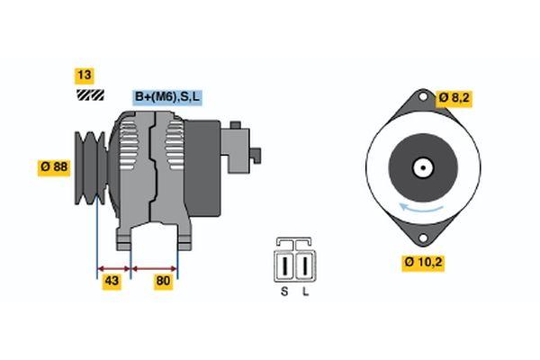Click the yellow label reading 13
85,76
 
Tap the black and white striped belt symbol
90,94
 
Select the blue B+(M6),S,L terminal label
167,97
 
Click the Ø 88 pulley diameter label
54,167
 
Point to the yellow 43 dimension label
112,281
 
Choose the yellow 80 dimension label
163,281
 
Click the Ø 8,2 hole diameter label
454,98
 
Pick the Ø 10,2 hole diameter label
423,263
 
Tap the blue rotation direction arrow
421,208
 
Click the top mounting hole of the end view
423,97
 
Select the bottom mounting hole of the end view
423,238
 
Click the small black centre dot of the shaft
423,168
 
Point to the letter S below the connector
284,292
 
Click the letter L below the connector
305,292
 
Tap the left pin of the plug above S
284,265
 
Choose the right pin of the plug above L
305,265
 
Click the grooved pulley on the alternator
90,168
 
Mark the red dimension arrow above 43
114,269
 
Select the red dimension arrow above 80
154,269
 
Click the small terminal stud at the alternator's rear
256,156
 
